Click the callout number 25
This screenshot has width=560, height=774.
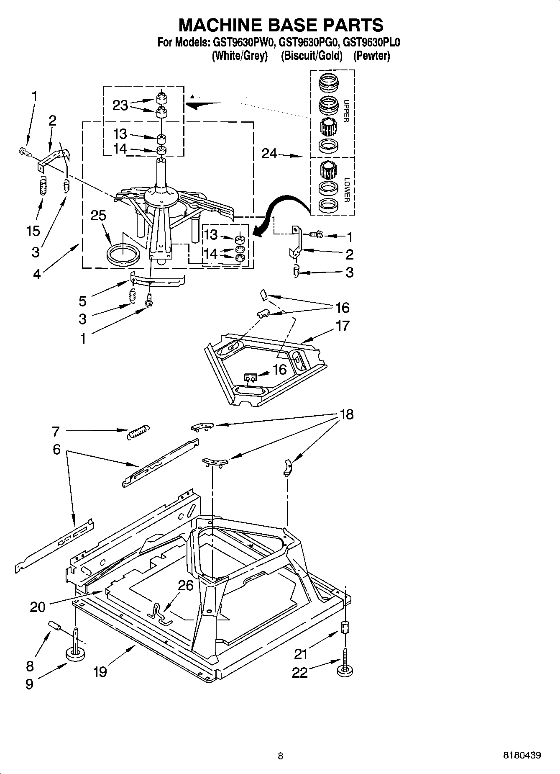pos(99,215)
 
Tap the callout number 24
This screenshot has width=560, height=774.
pos(269,154)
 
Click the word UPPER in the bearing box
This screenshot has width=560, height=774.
pos(346,111)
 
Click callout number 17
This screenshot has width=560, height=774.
pos(342,325)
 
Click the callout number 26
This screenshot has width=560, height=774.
pos(186,585)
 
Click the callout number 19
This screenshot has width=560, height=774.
pos(100,672)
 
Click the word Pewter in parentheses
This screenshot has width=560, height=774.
pos(371,56)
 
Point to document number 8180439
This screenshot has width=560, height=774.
pos(522,755)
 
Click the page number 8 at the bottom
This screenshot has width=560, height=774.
pos(280,756)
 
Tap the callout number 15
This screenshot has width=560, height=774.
pos(33,231)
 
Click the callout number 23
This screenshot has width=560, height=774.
pos(120,105)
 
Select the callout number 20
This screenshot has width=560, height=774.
pos(38,607)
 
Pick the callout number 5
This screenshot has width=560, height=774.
pos(83,301)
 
